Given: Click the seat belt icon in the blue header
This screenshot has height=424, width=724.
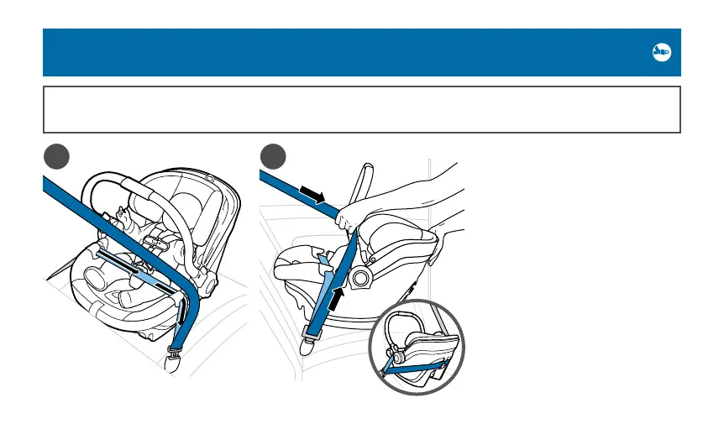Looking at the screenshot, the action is (661, 52).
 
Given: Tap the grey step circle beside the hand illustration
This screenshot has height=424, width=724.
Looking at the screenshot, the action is (271, 157).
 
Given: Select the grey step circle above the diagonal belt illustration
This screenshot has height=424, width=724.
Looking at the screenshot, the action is (54, 157).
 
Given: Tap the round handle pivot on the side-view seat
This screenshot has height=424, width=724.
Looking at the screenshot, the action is (362, 277).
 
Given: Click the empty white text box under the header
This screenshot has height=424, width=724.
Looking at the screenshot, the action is (361, 109).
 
